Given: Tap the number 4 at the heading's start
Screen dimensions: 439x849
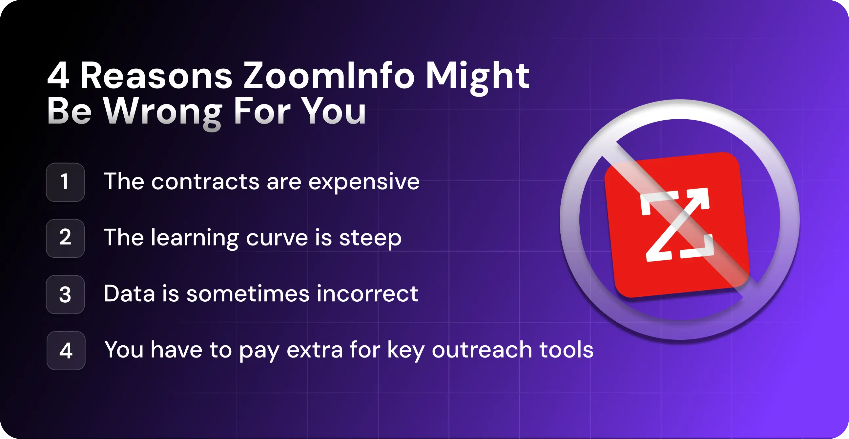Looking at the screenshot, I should [58, 77].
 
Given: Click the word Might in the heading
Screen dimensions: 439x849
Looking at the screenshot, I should [477, 77].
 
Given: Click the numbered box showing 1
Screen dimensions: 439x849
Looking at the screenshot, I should [65, 182].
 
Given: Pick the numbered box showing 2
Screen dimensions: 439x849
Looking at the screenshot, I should [65, 238].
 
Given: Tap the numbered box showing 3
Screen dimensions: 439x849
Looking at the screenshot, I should [65, 294].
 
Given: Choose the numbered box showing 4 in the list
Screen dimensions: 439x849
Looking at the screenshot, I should [66, 350].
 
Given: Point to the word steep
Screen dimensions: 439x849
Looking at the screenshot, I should [370, 238].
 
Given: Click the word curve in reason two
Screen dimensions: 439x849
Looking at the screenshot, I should [277, 238].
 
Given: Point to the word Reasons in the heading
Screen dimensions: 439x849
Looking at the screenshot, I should [156, 77].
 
